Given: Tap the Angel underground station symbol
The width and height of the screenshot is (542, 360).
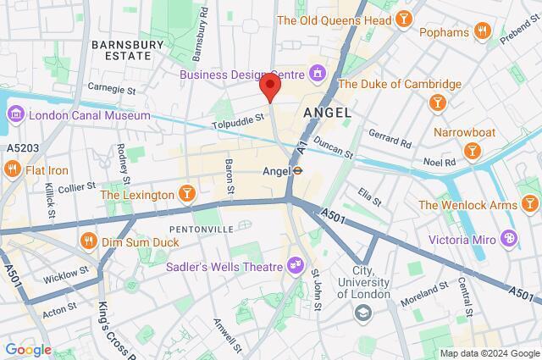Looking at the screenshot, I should [298, 170].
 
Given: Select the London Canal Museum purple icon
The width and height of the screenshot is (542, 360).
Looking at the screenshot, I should [16, 114].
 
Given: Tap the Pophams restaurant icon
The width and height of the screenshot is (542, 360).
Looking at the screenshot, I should [484, 33].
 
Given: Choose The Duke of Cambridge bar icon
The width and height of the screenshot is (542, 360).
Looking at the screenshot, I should [439, 102].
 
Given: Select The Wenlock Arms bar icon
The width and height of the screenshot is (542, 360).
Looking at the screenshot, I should [529, 204].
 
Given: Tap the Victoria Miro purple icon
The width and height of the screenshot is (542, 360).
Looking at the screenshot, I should [508, 238].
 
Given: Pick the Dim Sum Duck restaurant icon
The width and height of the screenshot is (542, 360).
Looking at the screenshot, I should [87, 241].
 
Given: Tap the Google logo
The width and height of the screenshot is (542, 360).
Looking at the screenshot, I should [28, 349].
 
